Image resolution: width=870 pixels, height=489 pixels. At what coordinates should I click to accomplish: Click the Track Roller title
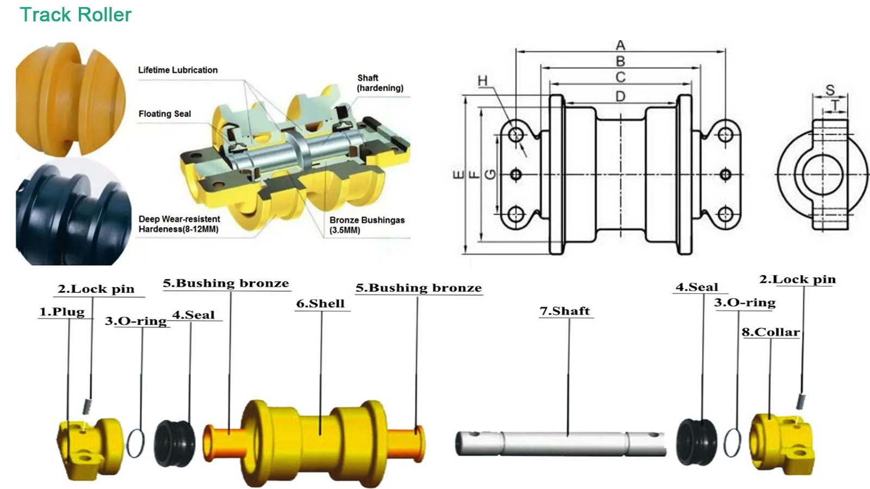[76, 15]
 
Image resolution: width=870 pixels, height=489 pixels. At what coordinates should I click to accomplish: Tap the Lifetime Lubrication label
[178, 70]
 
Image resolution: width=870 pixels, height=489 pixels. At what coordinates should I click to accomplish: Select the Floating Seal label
[164, 114]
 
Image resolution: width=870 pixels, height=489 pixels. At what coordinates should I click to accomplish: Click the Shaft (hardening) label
[380, 83]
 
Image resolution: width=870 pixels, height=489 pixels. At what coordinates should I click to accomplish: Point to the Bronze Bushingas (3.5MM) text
[366, 225]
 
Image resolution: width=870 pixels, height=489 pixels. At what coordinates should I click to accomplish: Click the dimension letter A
[620, 45]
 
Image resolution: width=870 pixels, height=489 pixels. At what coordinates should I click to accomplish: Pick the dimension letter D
[620, 96]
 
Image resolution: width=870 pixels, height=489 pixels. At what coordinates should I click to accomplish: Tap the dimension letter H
[482, 81]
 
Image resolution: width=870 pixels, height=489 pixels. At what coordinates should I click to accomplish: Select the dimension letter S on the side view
[830, 90]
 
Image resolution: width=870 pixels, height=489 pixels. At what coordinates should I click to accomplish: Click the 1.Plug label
[62, 312]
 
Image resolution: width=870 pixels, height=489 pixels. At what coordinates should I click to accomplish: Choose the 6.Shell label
[320, 304]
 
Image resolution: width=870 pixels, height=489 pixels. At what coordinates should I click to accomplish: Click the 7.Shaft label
[564, 311]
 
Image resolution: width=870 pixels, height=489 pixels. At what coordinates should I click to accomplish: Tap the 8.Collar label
[770, 332]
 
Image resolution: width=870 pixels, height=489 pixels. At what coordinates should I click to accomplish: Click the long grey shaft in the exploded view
[560, 443]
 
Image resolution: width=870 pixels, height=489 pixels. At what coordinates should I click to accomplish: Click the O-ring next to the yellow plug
[136, 443]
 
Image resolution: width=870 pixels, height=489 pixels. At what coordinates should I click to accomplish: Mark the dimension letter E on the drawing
[458, 174]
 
